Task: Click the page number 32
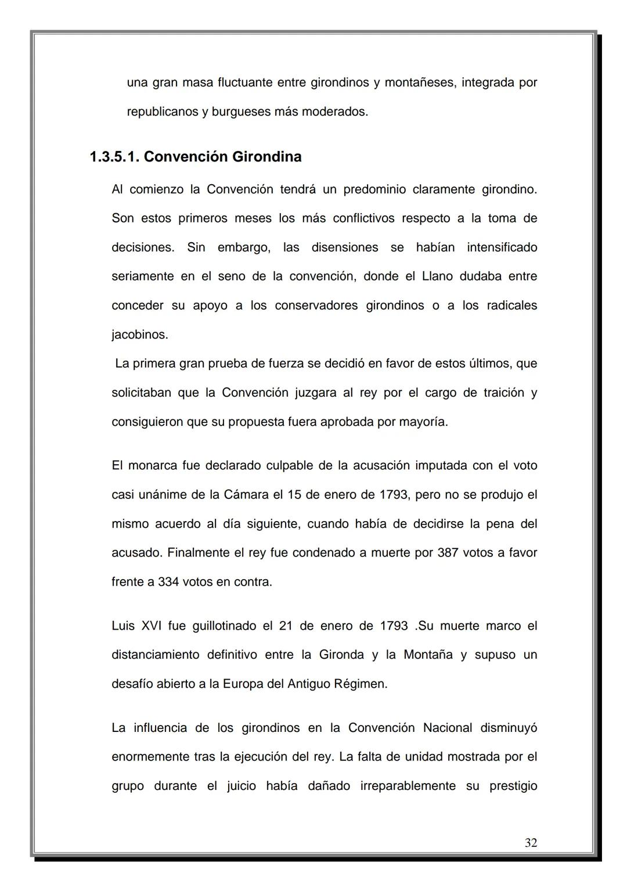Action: [531, 843]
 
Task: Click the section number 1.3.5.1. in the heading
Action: [114, 157]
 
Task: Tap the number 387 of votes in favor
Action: [448, 552]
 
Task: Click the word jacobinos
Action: [139, 335]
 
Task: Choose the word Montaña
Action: [428, 655]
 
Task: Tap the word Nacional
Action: [447, 728]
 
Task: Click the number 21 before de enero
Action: [286, 626]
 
